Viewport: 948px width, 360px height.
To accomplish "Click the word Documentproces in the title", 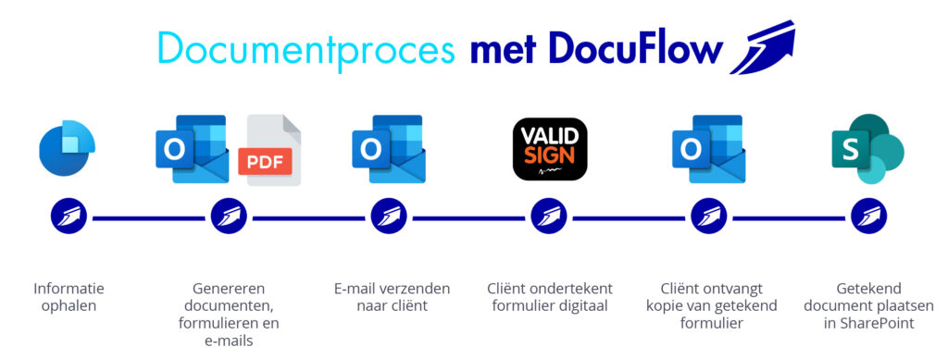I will [306, 47].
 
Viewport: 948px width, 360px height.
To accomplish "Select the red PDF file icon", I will [269, 150].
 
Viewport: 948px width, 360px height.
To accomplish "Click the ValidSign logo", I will [550, 148].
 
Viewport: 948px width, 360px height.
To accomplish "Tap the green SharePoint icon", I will [867, 149].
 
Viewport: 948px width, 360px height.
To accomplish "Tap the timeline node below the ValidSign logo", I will [549, 218].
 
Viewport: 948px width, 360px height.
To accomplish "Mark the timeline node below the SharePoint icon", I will [867, 218].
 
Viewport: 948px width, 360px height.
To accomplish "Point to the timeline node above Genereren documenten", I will [229, 218].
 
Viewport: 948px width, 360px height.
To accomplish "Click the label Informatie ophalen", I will [69, 296].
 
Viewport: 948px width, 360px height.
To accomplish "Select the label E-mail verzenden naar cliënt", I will [389, 296].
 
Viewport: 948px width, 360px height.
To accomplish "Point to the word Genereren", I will [229, 288].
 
